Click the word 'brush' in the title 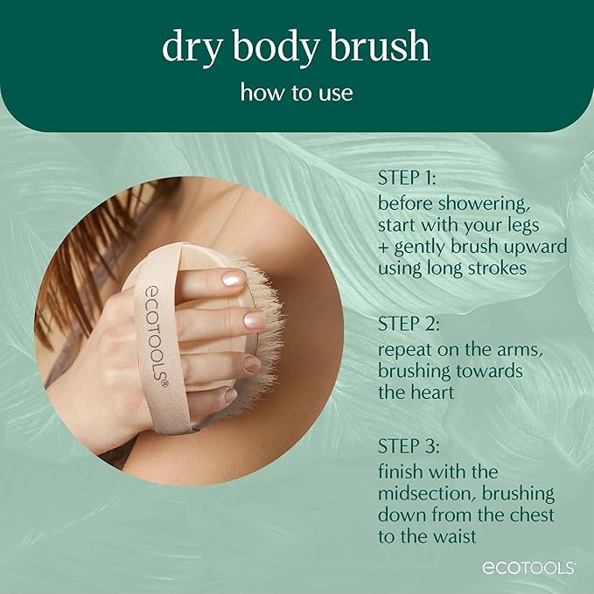pos(383,48)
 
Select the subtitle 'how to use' pos(297,92)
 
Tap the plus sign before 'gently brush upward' pos(383,247)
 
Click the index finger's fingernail pos(233,278)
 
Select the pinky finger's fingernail pos(230,395)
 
